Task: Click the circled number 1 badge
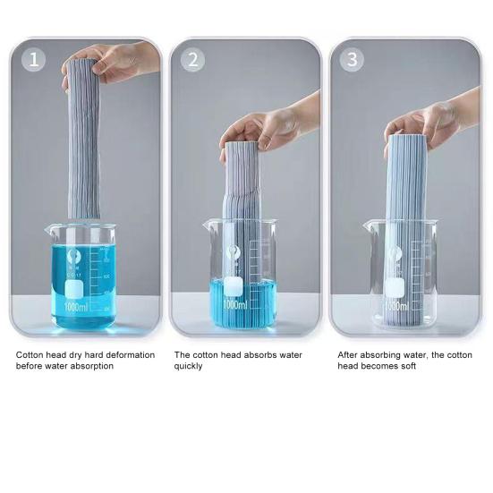click(33, 59)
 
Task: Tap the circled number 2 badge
click(192, 60)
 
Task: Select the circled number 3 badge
click(352, 59)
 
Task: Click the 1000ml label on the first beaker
click(76, 307)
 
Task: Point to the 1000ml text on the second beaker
click(235, 304)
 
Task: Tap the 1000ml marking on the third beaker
click(396, 306)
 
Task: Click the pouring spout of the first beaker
click(49, 229)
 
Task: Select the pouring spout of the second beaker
click(208, 225)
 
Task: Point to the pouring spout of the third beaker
click(368, 225)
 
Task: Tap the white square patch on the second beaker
click(234, 286)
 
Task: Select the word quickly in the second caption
click(188, 366)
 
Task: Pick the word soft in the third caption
click(409, 366)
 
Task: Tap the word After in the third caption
click(347, 355)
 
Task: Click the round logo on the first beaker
click(73, 256)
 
